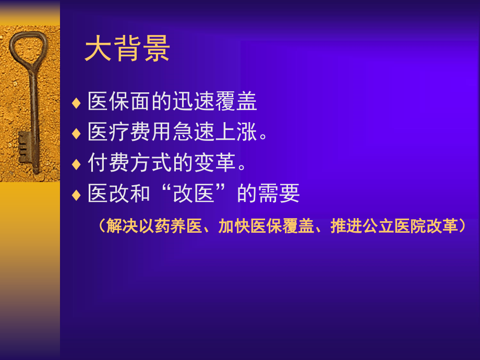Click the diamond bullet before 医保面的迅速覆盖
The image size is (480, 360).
coord(77,102)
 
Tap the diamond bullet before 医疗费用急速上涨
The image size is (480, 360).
coord(77,133)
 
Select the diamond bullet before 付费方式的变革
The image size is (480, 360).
coord(77,164)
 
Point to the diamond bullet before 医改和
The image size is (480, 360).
coord(77,195)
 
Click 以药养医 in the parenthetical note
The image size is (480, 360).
coord(171,226)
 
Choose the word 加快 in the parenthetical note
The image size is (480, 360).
coord(234,226)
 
